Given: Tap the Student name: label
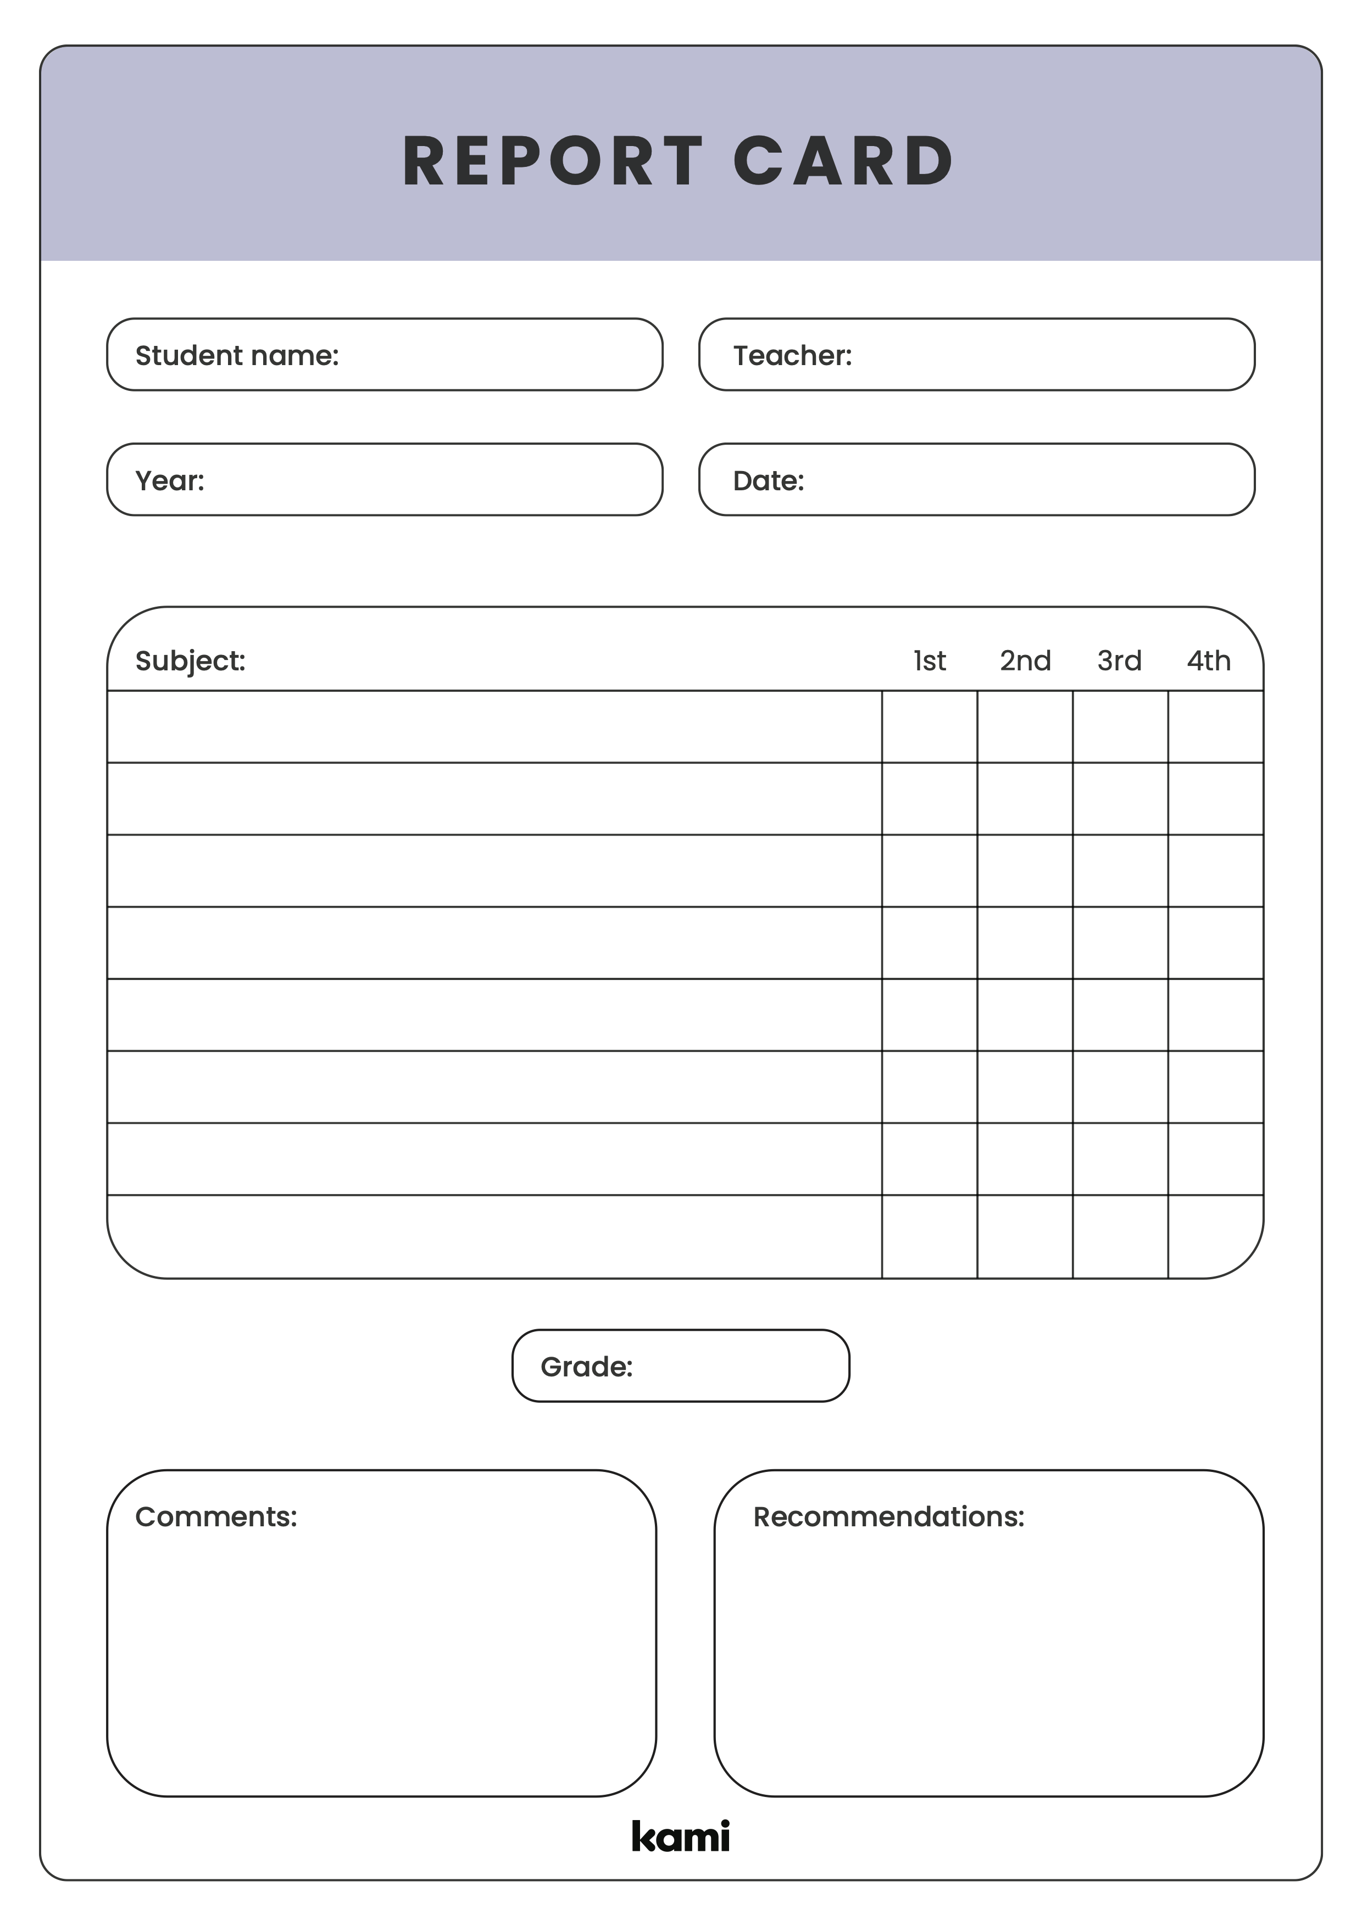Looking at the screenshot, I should click(237, 356).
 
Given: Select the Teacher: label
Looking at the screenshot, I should click(792, 356).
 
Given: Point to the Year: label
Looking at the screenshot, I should click(170, 480).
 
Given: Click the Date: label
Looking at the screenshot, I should click(768, 480).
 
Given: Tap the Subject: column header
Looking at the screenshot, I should click(191, 661).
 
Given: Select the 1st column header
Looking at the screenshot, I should click(929, 661).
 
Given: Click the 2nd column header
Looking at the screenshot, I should click(1025, 661).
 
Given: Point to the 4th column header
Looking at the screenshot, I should click(1208, 661).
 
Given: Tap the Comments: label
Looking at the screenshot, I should click(216, 1516).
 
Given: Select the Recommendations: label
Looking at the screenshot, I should click(889, 1516).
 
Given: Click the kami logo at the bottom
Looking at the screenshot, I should click(681, 1837).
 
